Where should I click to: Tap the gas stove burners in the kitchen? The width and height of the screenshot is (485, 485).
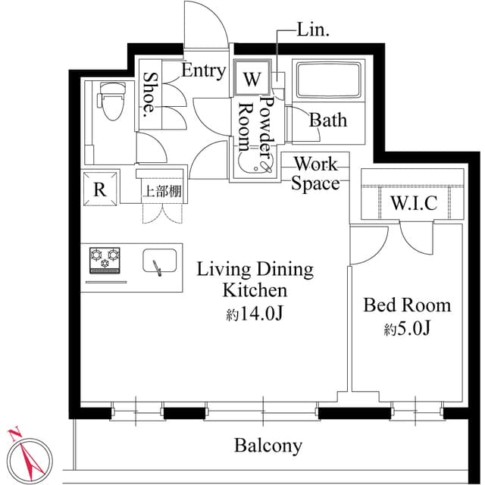click(x=105, y=260)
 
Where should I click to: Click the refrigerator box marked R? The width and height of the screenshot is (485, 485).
click(x=99, y=189)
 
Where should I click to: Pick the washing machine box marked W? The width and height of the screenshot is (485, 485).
click(x=251, y=78)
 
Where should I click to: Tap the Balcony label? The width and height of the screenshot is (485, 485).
click(x=268, y=446)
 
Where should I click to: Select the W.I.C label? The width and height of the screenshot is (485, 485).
click(x=413, y=203)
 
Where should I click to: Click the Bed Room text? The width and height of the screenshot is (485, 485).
click(x=407, y=305)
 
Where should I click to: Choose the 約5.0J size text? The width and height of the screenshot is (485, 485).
click(x=407, y=330)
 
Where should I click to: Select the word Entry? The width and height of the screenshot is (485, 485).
click(x=204, y=71)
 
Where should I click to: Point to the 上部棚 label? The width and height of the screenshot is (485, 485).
click(x=162, y=191)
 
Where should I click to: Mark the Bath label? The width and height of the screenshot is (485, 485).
click(x=329, y=120)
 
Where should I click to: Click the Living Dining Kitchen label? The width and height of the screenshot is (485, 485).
click(x=255, y=280)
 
